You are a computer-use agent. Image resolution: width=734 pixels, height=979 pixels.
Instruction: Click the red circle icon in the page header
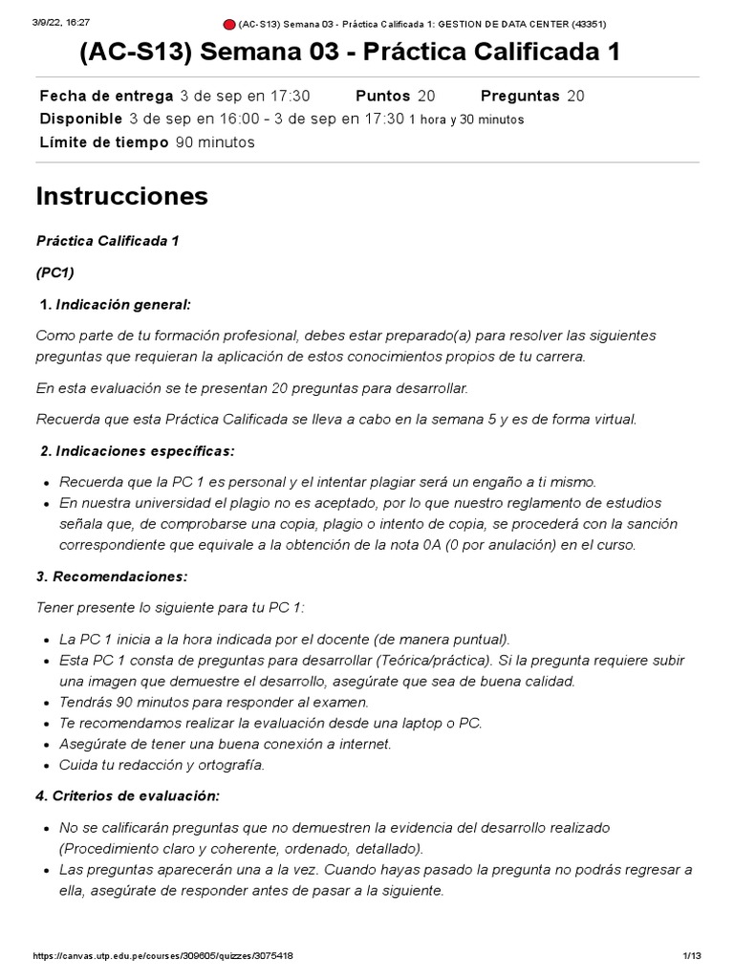point(229,24)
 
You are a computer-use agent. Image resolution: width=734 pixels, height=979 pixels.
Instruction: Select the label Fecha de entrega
point(105,96)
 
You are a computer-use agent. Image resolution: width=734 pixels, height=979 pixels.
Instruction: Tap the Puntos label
point(382,96)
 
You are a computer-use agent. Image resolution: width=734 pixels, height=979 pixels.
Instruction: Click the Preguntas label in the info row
point(520,96)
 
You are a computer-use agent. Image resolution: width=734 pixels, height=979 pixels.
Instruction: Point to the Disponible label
point(80,119)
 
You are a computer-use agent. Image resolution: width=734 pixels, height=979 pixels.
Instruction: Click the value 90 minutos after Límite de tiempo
point(215,142)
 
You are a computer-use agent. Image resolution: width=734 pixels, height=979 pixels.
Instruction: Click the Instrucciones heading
point(121,196)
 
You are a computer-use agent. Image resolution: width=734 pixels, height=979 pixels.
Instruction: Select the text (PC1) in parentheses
point(55,272)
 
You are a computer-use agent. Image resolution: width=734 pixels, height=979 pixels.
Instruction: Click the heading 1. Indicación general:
point(115,304)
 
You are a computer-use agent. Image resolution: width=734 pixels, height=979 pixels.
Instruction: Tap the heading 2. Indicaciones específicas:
point(135,450)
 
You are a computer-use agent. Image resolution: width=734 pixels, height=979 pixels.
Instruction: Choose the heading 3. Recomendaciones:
point(112,577)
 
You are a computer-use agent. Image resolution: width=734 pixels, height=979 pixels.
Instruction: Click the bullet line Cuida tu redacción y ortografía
point(162,764)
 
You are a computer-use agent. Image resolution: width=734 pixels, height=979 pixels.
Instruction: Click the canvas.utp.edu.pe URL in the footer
point(162,956)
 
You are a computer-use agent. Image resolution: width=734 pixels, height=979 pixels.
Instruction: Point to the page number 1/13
point(692,956)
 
